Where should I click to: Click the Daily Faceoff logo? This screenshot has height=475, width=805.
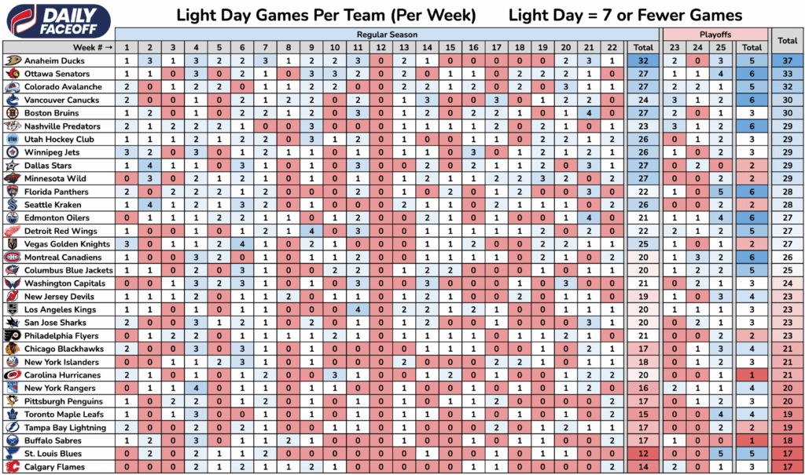[58, 18]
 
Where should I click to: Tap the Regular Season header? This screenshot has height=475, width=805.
[387, 35]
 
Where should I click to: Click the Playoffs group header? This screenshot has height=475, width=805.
[715, 35]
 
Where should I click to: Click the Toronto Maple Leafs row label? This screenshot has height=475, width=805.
[64, 415]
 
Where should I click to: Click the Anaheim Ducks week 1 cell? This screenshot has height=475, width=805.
[127, 60]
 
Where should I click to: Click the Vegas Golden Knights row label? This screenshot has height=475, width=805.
[66, 244]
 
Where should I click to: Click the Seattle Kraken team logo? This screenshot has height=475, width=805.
[12, 205]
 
